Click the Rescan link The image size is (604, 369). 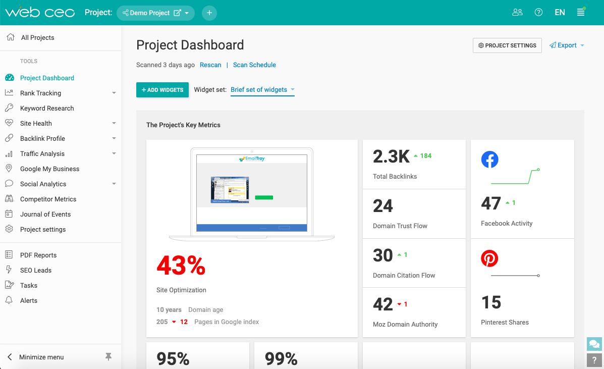point(210,65)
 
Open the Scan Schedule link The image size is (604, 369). point(254,65)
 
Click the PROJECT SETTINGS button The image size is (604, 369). point(507,45)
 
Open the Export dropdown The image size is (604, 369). point(567,45)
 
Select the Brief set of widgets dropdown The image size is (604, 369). point(262,90)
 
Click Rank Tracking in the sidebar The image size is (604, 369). point(40,93)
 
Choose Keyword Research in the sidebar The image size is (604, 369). point(47,109)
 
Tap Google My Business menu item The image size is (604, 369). point(49,169)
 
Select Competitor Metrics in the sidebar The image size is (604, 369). point(48,199)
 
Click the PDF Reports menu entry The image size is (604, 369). point(38,255)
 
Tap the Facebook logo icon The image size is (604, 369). point(489,160)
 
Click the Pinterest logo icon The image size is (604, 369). point(489,258)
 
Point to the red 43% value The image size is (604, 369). point(181,266)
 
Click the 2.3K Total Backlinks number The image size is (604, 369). point(391,156)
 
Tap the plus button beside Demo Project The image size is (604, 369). point(209,13)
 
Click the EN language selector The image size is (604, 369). point(560,13)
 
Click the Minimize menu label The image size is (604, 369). point(41,357)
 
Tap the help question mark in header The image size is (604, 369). point(538,13)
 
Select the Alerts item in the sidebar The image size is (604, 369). point(29,301)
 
